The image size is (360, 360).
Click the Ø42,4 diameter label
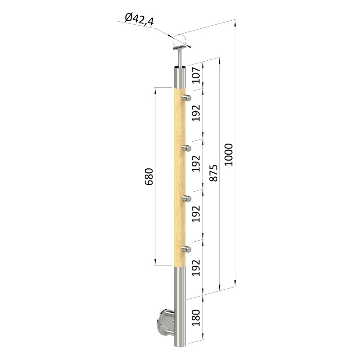pos(139,19)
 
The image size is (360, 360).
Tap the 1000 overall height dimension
pos(229,155)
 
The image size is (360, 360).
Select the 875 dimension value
pos(213,173)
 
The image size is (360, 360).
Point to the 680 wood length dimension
pos(149,177)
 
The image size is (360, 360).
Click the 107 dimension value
pos(196,75)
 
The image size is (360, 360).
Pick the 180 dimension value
pos(196,318)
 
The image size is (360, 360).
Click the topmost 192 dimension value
pos(196,113)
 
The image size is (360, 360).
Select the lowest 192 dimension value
pos(196,268)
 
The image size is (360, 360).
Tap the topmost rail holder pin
pos(186,98)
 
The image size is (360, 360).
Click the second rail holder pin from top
pos(186,148)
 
